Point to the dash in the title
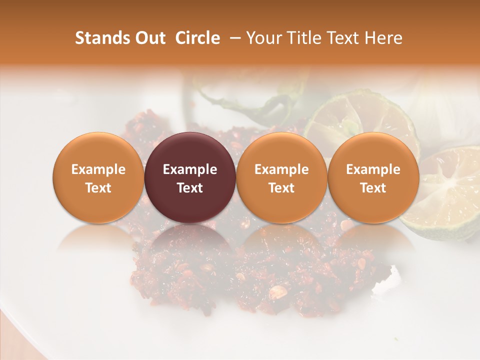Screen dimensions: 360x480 coord(233,38)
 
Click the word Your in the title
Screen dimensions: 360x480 coord(263,38)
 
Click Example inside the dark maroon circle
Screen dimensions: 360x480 coord(190,169)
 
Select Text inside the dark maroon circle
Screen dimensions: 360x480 coord(190,188)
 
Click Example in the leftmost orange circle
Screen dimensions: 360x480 coord(98,169)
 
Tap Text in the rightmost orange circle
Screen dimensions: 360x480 coord(373,188)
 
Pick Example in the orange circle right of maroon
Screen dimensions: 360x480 coord(281,169)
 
